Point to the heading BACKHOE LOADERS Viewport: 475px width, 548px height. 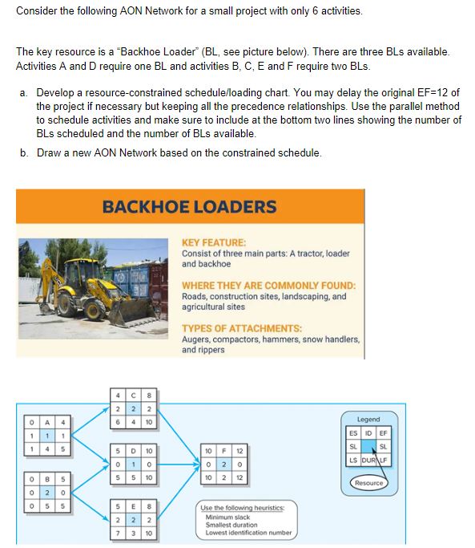click(189, 206)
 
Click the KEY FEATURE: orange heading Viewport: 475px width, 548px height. click(214, 242)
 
